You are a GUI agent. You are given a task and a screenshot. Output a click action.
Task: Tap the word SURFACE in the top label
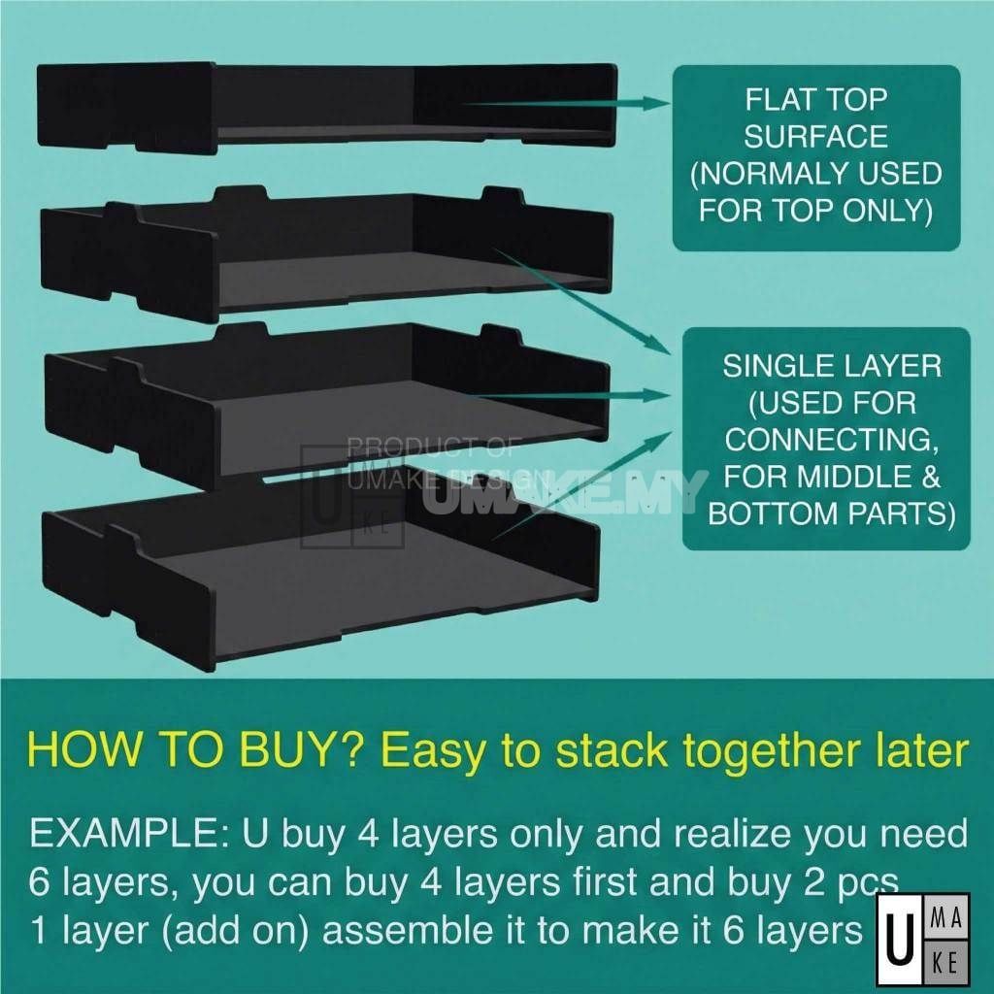click(815, 136)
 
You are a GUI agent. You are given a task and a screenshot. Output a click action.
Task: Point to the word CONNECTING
click(831, 440)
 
